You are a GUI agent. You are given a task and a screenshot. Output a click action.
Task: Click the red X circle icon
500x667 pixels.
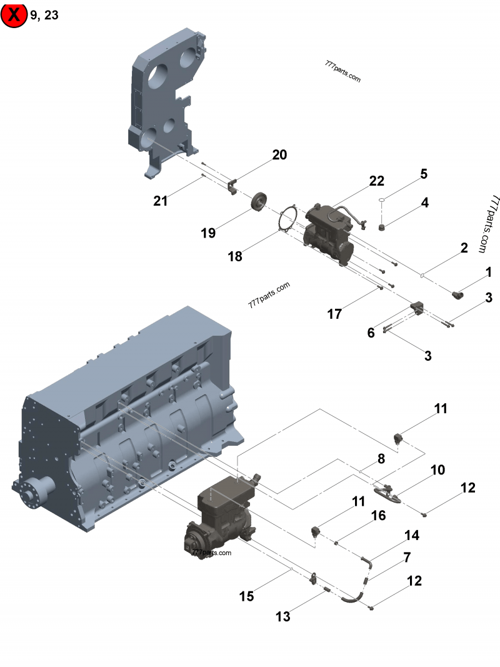point(14,15)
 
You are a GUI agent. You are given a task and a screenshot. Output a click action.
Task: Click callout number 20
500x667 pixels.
point(279,155)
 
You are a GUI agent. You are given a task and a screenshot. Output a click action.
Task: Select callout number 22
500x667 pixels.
point(376,181)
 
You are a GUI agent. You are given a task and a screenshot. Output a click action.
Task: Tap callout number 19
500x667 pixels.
point(208,233)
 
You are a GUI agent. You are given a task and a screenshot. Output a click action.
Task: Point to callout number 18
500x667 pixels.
point(235,256)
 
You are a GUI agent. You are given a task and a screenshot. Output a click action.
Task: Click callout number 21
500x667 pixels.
point(161,201)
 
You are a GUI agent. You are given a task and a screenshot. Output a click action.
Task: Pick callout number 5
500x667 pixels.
point(424,174)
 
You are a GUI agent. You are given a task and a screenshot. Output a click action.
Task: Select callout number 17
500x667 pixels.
point(335,314)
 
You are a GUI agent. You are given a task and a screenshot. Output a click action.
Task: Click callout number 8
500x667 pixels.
point(380,459)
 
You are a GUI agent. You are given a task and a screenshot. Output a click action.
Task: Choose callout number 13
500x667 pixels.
point(283,616)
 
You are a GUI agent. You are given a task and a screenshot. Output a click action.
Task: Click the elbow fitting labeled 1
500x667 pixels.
point(459,291)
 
